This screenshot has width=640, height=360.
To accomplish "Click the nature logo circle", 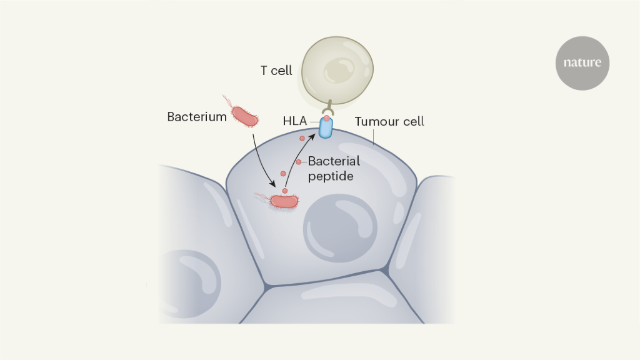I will coord(582,62).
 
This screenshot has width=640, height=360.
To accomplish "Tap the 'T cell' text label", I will coord(276,71).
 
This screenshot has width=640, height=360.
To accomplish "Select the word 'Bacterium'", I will coord(197,117).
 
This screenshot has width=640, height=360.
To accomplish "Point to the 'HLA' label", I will coord(295,122).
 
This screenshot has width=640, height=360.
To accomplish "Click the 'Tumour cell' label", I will coord(389,121).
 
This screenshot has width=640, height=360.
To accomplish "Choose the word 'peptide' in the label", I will coord(331,176).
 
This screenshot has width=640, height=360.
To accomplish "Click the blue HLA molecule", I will coord(326,127).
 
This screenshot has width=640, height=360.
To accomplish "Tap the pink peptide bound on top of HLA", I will coord(326,117).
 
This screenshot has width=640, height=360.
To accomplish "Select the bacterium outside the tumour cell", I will coord(244,116).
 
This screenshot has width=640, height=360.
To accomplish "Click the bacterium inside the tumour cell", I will coord(284,201).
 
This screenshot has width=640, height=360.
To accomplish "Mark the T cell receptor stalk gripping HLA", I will coord(326,106).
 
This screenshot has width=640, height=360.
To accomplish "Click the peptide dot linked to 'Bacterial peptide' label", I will coord(299,162).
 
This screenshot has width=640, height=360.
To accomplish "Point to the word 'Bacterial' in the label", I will coord(334,161).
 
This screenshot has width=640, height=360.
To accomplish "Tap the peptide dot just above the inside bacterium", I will coord(286,190).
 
